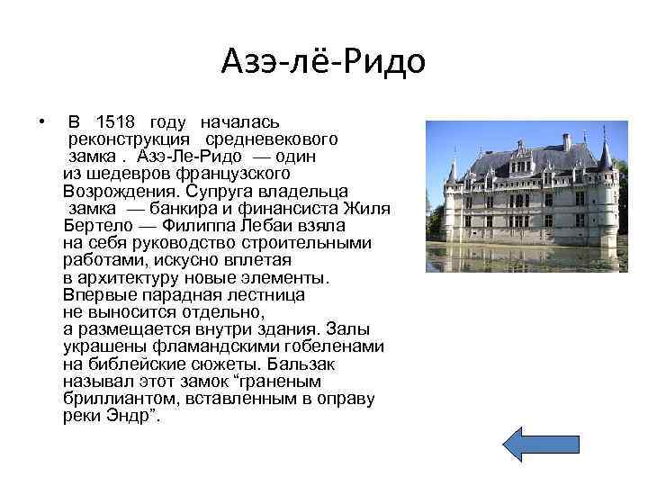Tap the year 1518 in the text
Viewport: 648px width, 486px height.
click(117, 122)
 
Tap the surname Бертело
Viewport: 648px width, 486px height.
click(94, 226)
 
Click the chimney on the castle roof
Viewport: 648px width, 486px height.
click(566, 142)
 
